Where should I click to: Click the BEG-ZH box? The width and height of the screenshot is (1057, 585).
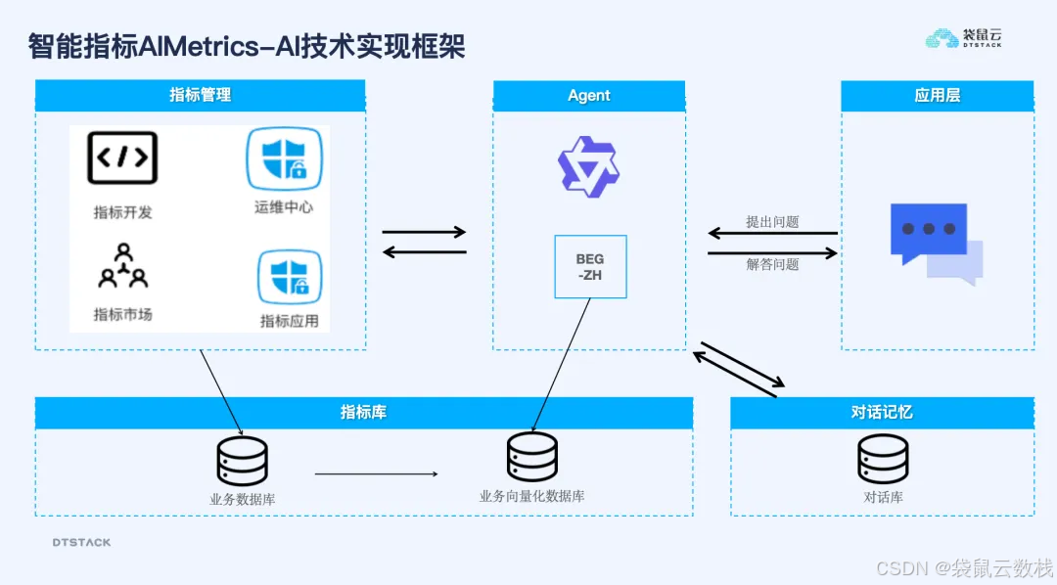[590, 266]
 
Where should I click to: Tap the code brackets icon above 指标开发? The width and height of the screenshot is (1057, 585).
[122, 157]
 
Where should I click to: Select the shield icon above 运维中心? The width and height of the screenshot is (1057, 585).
[284, 157]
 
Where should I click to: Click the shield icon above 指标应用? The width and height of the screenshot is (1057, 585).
[289, 278]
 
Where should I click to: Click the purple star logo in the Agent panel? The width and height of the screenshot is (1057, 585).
[588, 166]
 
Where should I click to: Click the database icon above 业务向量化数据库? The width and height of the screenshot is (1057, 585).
[532, 457]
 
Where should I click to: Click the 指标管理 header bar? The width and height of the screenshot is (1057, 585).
[201, 95]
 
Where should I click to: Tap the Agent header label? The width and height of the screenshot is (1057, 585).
[588, 95]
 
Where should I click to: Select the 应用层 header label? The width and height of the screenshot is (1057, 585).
[938, 95]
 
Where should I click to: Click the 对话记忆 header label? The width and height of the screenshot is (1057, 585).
[882, 412]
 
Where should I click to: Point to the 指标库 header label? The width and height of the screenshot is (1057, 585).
[363, 412]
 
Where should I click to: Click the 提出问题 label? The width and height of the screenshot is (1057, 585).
[772, 222]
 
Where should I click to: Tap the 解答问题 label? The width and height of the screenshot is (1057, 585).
[772, 264]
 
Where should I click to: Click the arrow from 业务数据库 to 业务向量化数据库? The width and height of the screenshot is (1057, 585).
[377, 474]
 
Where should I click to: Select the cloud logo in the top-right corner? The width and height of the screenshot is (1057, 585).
[942, 39]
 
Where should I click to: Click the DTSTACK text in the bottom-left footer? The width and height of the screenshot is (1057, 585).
[81, 542]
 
